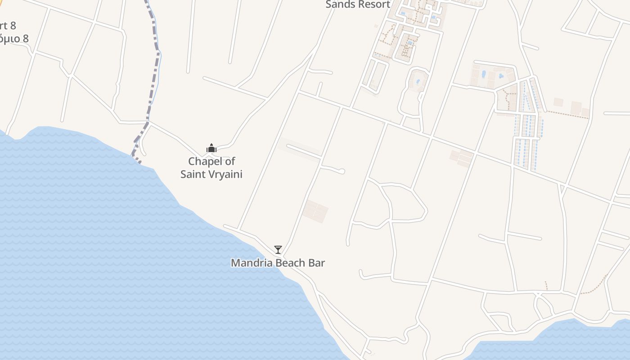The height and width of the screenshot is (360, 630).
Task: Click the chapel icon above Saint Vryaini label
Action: pos(211,148)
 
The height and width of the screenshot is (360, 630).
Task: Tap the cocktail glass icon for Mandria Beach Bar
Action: pos(278,250)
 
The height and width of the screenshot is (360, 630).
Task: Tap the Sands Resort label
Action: pos(358,4)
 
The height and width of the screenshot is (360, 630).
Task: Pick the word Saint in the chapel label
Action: pos(192,174)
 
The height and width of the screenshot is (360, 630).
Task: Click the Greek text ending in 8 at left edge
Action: pos(13,38)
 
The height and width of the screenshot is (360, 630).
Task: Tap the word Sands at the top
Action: pos(339,4)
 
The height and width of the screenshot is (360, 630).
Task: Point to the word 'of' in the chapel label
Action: pos(229,161)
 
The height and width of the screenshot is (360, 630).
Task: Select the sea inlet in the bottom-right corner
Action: pos(562,342)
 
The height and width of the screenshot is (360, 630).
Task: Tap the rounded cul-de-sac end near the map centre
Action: pos(342,171)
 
